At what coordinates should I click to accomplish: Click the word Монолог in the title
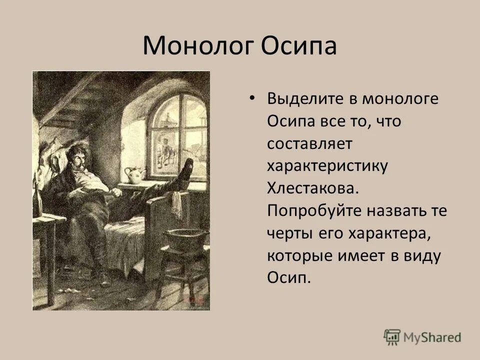[197, 46]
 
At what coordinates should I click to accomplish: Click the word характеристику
[327, 166]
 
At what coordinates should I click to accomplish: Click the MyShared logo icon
[392, 336]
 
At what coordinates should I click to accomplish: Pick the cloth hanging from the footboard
[177, 205]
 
